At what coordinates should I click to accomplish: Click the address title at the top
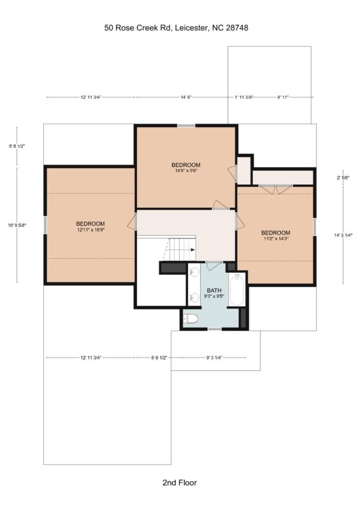coord(176,28)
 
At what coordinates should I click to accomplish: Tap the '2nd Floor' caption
coord(180,483)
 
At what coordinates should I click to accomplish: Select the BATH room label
coord(214,291)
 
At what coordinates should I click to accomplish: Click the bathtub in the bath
coord(237,289)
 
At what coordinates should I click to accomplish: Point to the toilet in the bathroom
coord(191,318)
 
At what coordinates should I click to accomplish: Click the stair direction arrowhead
coord(193,250)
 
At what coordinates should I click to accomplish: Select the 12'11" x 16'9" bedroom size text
coord(90,229)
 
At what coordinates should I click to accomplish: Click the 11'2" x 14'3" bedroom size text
coord(276,238)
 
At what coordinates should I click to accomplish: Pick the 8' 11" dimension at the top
coord(283,97)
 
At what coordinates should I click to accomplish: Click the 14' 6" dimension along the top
coord(186,97)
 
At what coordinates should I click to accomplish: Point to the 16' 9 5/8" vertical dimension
coord(17,225)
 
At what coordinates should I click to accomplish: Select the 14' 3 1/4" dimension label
coord(343,235)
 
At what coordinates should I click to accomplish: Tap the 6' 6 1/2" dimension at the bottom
coord(159,358)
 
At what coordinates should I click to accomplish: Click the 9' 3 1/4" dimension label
coord(214,358)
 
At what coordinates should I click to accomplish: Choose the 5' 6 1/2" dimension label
coord(17,147)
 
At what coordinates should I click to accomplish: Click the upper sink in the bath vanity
coord(194,272)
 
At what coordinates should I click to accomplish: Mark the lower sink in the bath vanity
coord(194,298)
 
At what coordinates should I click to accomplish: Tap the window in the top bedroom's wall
coord(186,126)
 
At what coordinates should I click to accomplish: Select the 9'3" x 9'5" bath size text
coord(214,296)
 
